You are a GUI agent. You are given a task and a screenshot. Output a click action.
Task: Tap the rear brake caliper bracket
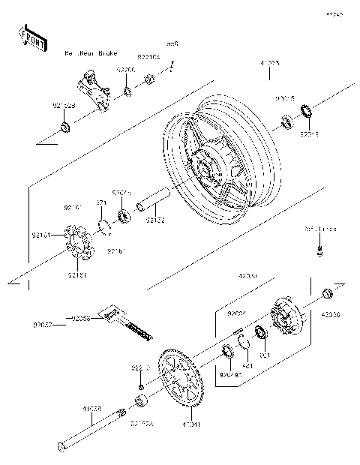tap(93, 88)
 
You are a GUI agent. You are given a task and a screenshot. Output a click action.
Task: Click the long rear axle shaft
tap(90, 430)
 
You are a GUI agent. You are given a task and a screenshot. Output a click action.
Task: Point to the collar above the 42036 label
tap(326, 292)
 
